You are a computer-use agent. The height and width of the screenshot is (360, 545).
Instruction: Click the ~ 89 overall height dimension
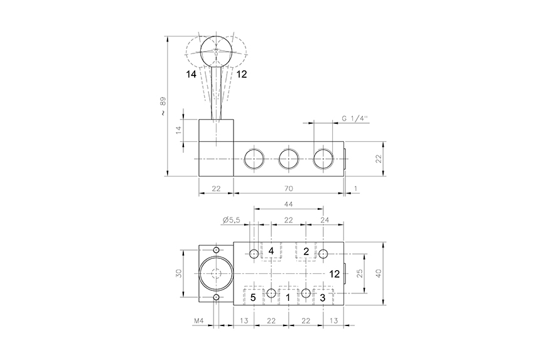(163, 106)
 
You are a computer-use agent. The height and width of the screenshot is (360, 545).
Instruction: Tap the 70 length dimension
(289, 188)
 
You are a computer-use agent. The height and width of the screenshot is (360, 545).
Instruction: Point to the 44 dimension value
(288, 204)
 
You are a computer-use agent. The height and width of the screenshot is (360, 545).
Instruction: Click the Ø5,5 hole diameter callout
(232, 220)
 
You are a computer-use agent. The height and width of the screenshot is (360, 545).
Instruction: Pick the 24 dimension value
(325, 220)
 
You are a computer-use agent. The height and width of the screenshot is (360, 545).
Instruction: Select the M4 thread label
(199, 321)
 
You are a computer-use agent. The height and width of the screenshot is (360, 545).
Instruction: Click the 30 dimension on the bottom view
(178, 274)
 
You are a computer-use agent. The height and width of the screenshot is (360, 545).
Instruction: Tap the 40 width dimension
(378, 274)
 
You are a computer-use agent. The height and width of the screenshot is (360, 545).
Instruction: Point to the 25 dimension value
(359, 274)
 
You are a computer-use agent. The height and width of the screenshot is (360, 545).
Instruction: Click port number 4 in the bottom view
(271, 251)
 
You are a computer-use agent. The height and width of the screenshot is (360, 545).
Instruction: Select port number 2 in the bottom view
(306, 251)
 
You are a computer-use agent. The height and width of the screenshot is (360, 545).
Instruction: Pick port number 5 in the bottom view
(253, 297)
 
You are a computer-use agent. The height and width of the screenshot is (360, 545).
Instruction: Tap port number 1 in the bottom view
(288, 297)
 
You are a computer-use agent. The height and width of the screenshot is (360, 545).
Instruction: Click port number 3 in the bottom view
(322, 297)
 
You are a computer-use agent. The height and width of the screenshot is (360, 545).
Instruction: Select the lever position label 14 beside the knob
(192, 74)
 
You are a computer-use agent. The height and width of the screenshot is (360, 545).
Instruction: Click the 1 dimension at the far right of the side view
(355, 188)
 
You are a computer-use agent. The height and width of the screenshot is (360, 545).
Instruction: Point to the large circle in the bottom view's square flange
(216, 275)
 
